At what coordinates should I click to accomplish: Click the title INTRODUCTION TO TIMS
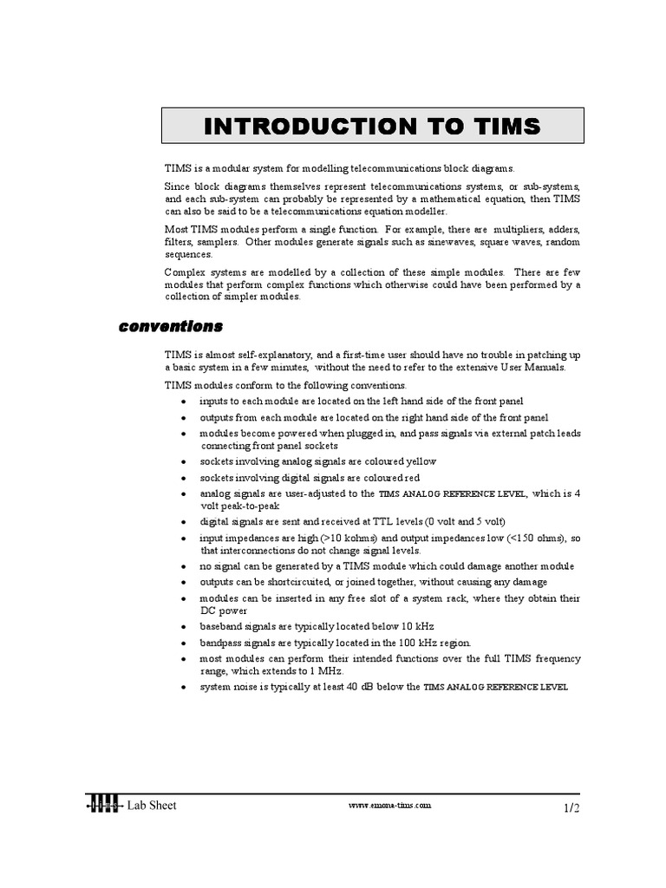372,127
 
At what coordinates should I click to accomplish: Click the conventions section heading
170,327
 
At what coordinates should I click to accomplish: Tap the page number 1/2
570,808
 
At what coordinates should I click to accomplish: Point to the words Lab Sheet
152,806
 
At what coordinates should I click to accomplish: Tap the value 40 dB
358,686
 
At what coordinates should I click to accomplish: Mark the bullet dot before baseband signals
183,627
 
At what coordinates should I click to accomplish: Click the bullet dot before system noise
183,687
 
